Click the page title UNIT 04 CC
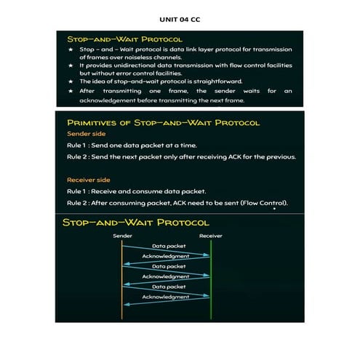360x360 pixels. [179, 20]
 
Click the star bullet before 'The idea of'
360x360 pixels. [71, 81]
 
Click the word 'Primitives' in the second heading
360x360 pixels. [92, 122]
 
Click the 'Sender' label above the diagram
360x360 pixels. [122, 236]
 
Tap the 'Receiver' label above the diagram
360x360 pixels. [210, 236]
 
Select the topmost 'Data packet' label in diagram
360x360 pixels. [166, 247]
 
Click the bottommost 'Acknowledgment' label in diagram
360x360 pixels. [166, 297]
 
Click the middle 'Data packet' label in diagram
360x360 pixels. [166, 267]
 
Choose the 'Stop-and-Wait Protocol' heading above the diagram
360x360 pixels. [135, 222]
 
